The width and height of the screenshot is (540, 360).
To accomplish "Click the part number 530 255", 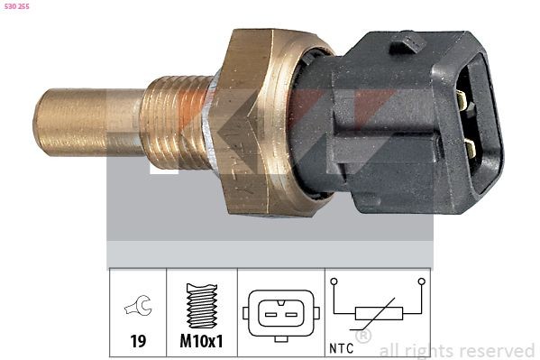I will pyautogui.click(x=16, y=7).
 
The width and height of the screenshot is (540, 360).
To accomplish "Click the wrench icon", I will pyautogui.click(x=138, y=309).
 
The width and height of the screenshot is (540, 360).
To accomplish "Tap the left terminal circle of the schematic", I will pyautogui.click(x=334, y=282).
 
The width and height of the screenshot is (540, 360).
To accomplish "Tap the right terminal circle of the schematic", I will pyautogui.click(x=421, y=282).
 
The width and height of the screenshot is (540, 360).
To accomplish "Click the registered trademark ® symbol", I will pyautogui.click(x=363, y=337).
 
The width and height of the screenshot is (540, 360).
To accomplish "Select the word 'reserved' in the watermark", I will pyautogui.click(x=495, y=350).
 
